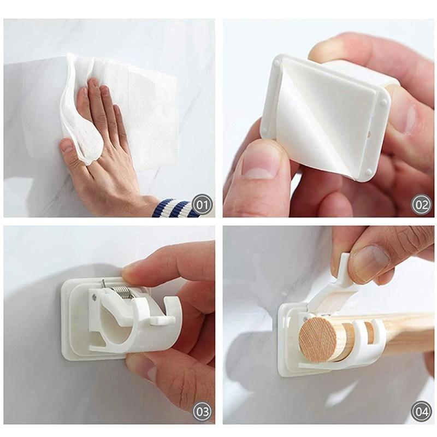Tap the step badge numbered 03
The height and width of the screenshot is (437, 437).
[202, 411]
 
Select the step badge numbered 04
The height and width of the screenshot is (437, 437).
[421, 411]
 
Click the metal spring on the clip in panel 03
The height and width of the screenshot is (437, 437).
[125, 290]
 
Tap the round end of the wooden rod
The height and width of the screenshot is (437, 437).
[319, 339]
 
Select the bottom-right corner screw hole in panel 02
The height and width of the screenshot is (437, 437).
[369, 173]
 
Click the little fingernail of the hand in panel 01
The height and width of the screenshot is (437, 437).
[67, 146]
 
